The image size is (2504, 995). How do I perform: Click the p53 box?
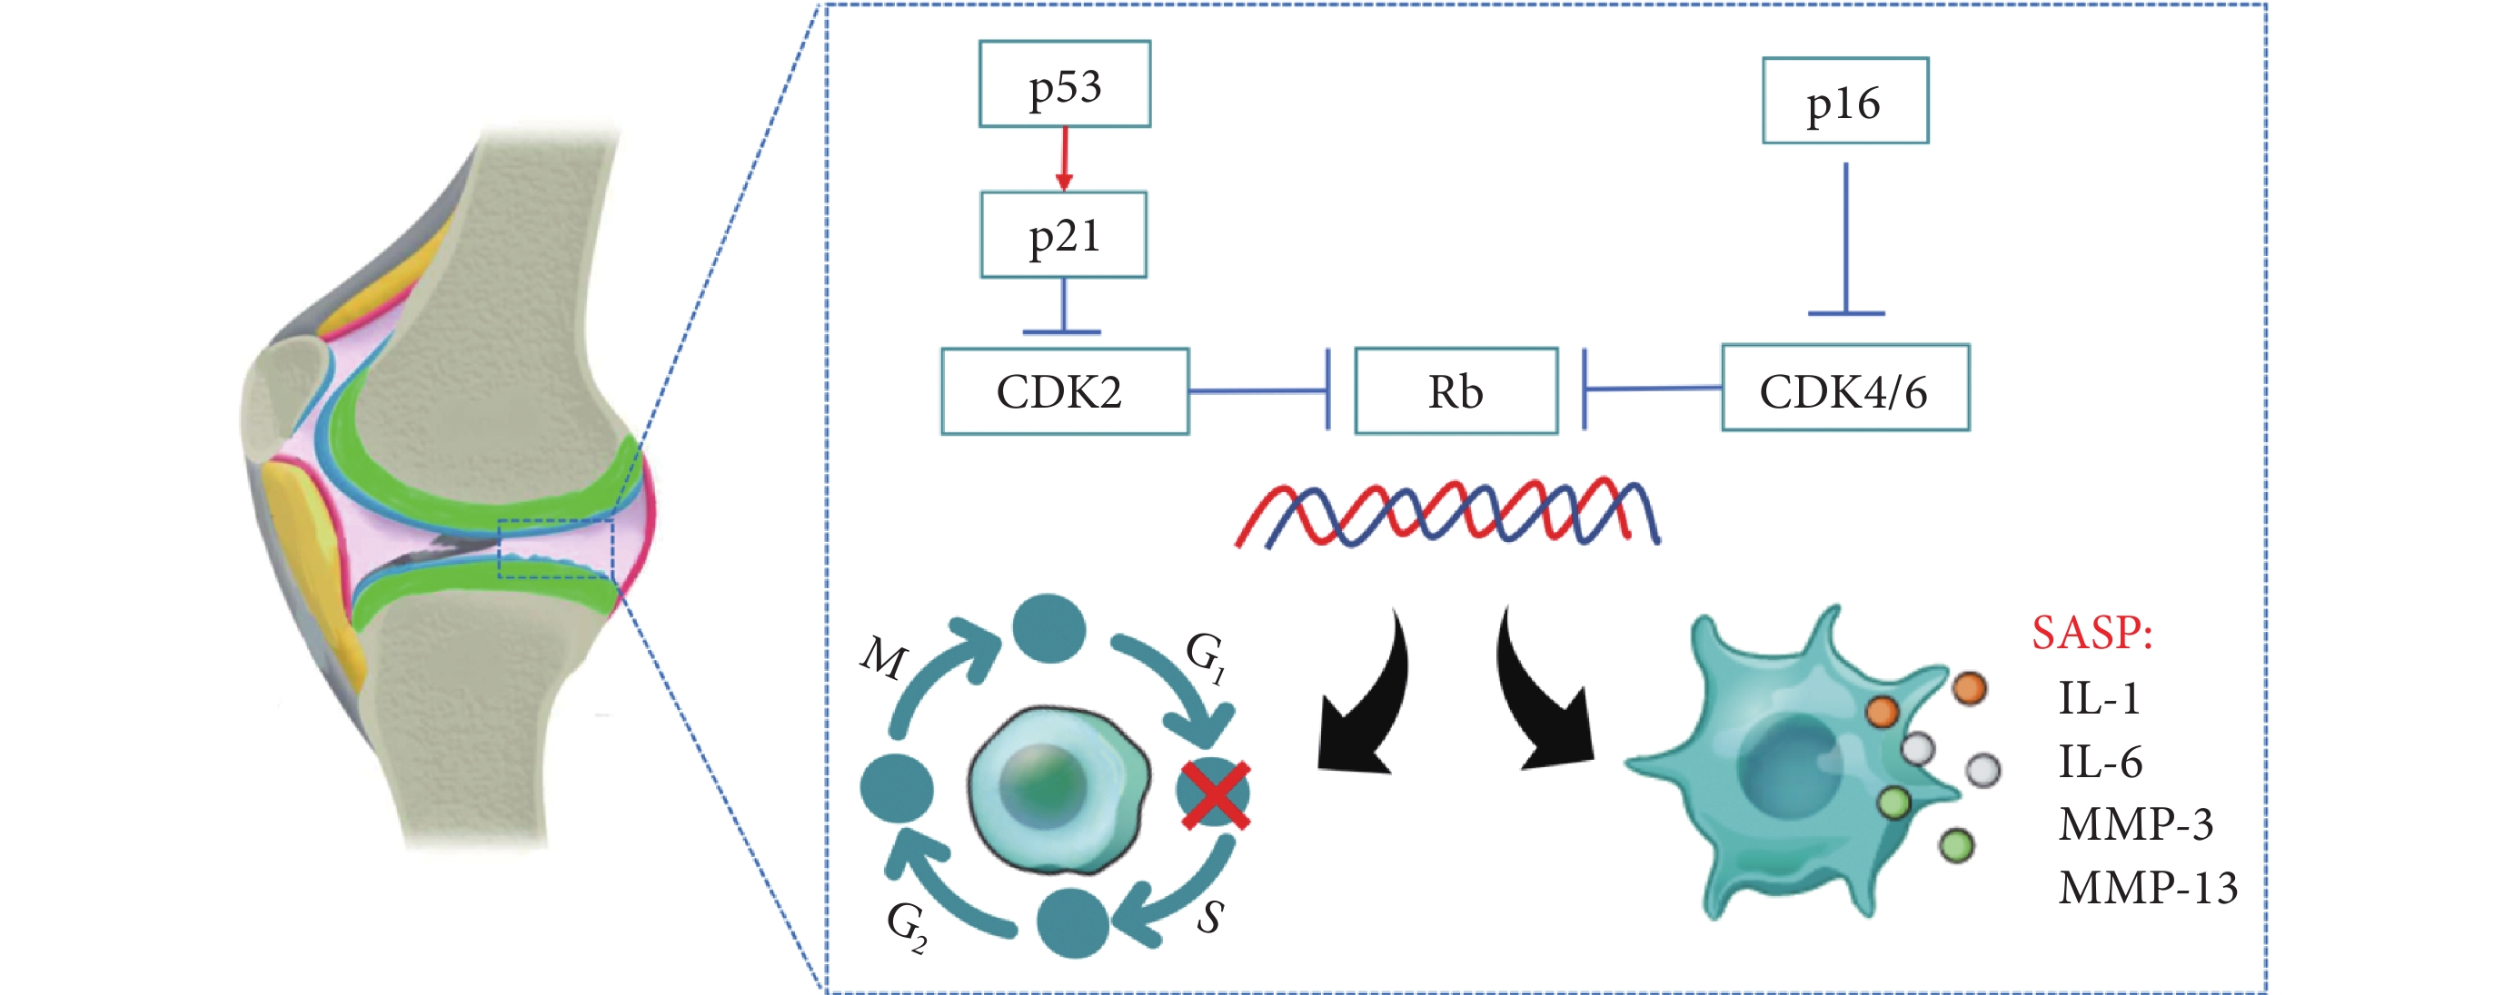(1065, 84)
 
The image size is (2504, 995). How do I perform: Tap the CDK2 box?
(1065, 390)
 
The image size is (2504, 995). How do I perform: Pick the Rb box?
(1456, 390)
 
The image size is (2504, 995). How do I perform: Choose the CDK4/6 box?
(1845, 387)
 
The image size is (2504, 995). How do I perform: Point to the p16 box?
(1845, 100)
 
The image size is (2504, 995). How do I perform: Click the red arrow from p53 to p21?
(1065, 158)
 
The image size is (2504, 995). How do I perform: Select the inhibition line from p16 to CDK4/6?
(1846, 238)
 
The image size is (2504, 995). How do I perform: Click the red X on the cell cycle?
(1215, 795)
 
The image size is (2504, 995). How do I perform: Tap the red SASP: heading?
(2092, 633)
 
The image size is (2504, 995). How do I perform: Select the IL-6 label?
(2100, 761)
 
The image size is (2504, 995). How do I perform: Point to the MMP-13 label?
(2147, 887)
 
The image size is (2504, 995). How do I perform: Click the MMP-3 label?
(2136, 824)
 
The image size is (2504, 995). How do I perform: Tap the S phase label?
(1210, 916)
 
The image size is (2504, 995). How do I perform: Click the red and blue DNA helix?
(1446, 511)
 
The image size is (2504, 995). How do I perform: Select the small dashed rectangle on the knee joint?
(556, 549)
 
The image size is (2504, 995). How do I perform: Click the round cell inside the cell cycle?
(1058, 788)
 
